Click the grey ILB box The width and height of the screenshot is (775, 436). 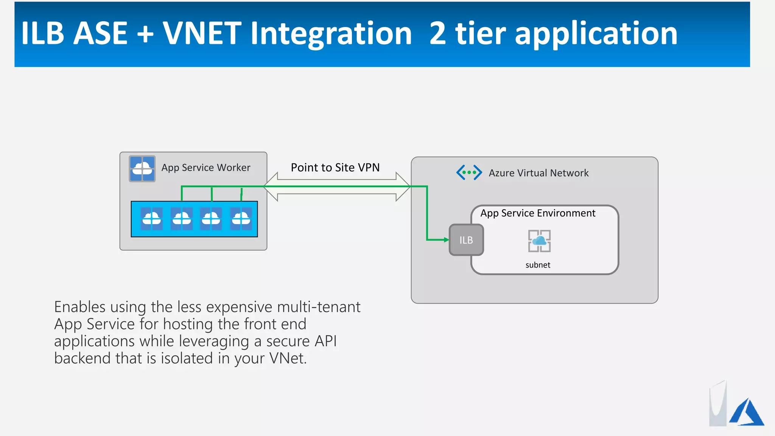(x=466, y=240)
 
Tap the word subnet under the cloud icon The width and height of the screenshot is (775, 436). (x=538, y=265)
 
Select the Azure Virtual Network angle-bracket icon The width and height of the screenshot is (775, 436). (x=469, y=173)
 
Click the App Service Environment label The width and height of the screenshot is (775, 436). (x=538, y=213)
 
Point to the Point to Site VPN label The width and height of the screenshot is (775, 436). (x=335, y=167)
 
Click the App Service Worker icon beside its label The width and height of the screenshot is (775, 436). (x=142, y=168)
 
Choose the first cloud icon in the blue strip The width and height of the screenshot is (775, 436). (x=152, y=219)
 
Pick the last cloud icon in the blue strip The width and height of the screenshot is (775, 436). (x=241, y=219)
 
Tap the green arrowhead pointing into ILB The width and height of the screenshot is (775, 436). (x=446, y=240)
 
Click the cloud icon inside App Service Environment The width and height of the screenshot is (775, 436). (x=539, y=241)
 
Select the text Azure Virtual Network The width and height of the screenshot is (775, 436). (x=538, y=173)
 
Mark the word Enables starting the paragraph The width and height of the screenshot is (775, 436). (x=79, y=307)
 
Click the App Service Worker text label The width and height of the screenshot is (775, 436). (x=206, y=168)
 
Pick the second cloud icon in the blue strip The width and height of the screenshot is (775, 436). (x=182, y=219)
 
